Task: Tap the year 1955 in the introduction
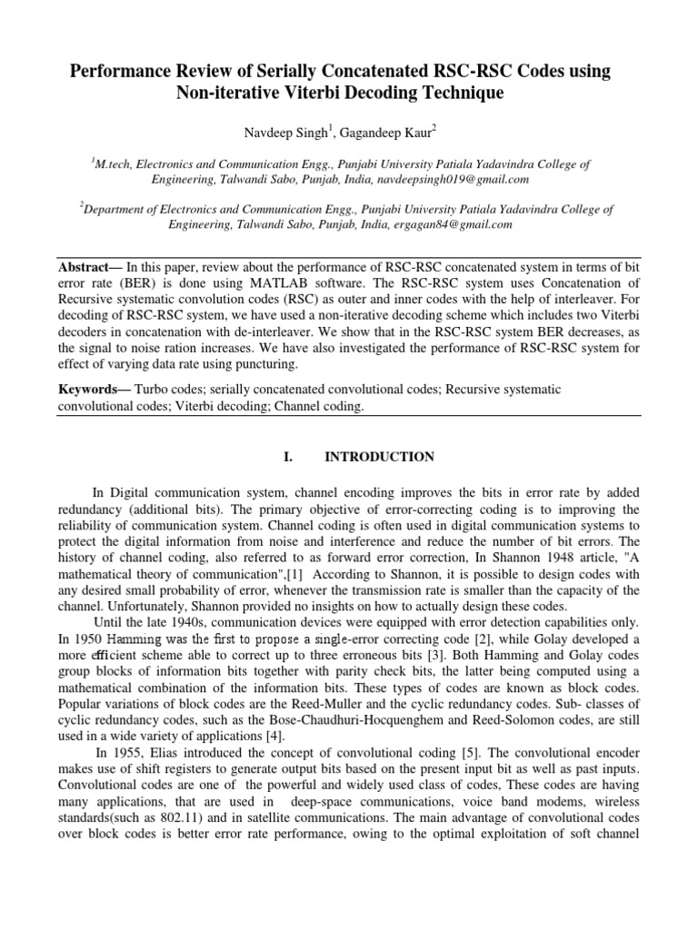(126, 752)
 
